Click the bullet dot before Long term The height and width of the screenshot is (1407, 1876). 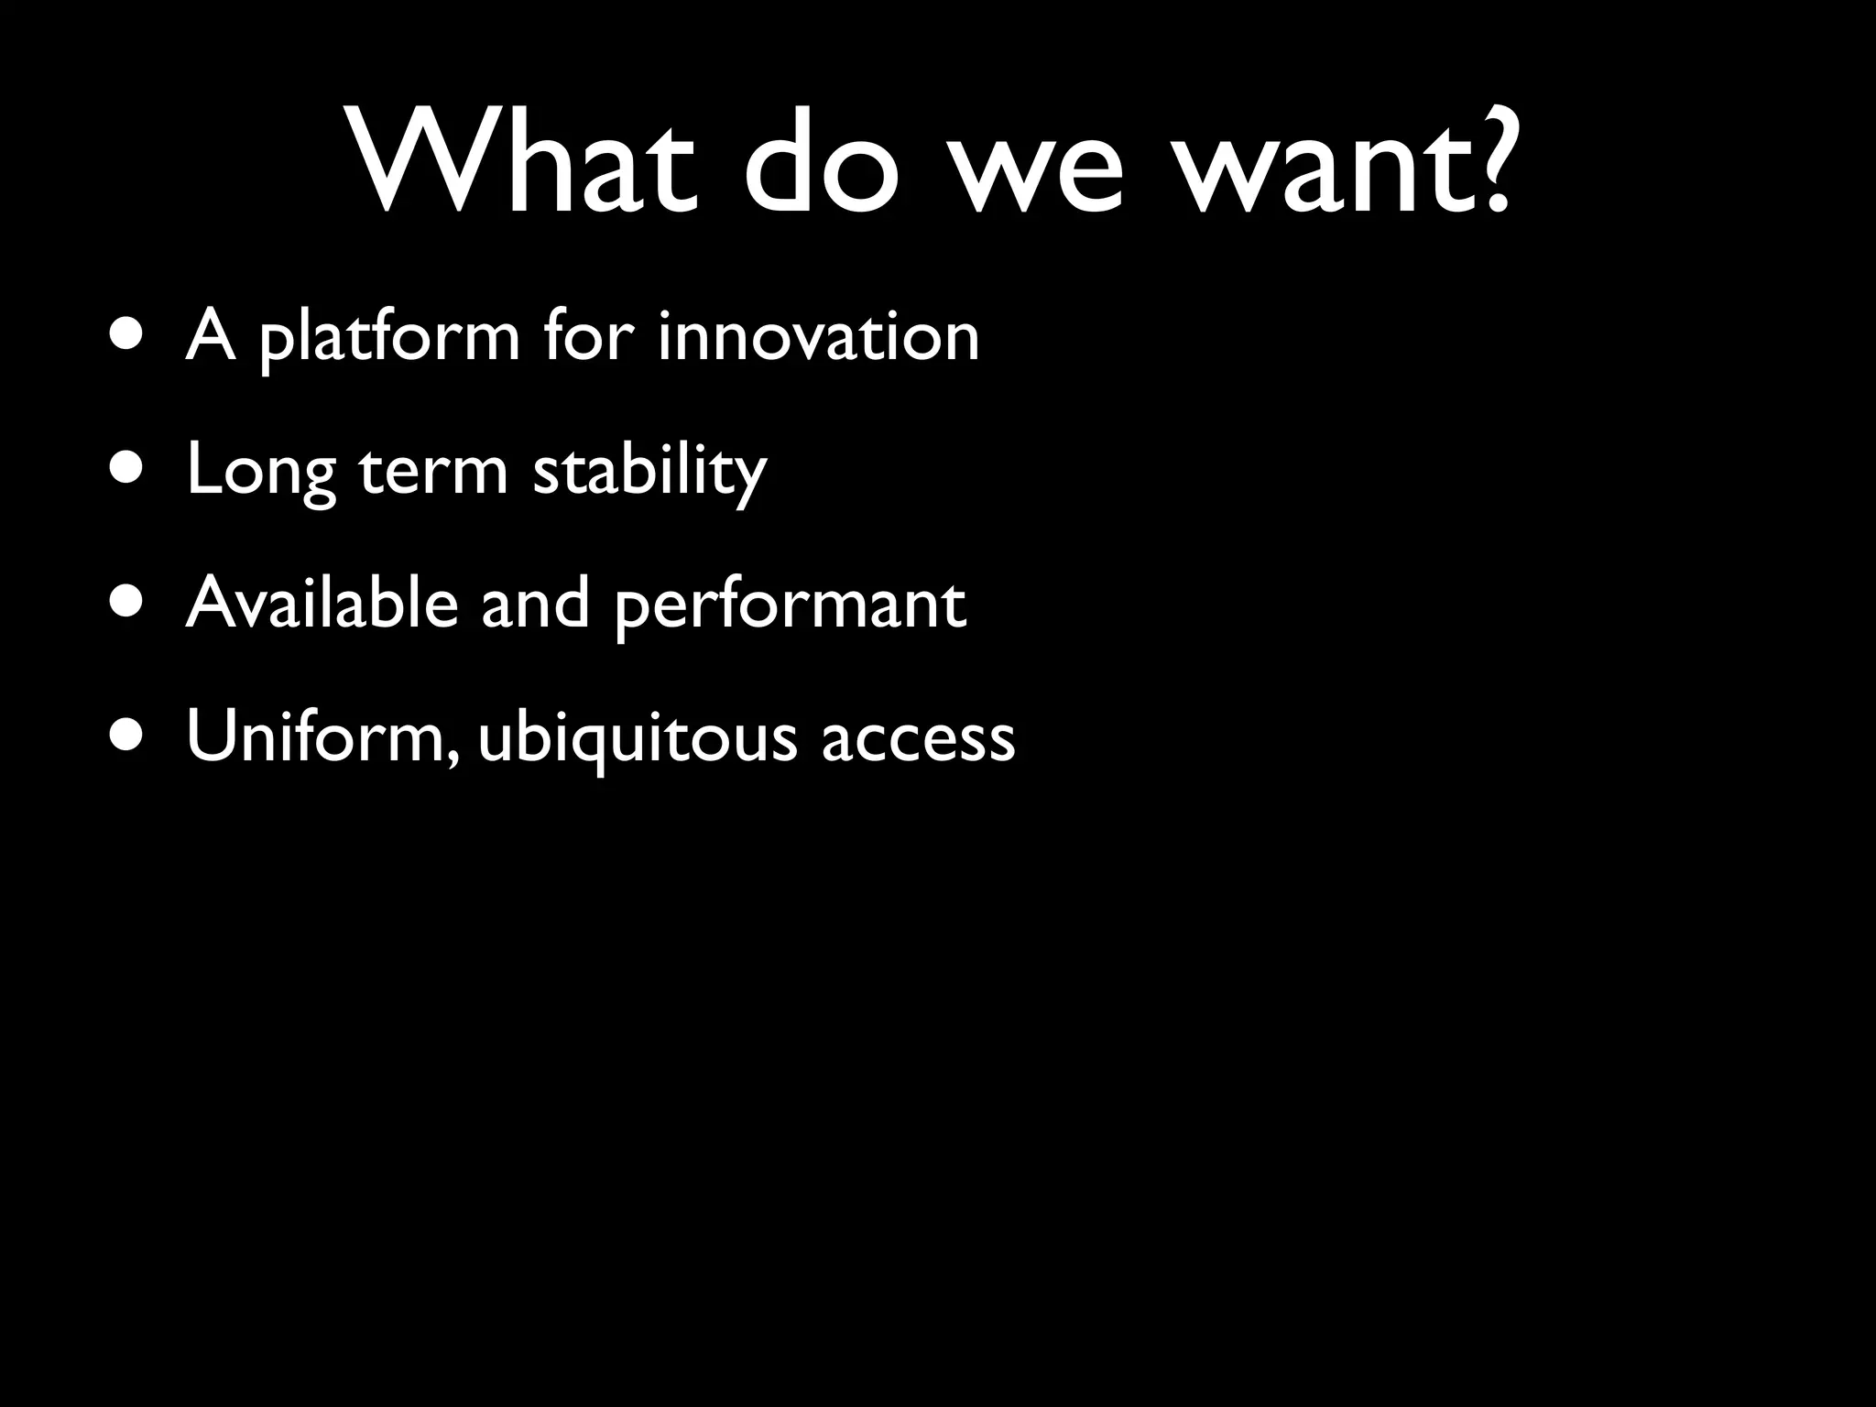[x=124, y=469]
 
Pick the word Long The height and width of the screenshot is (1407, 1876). [x=262, y=472]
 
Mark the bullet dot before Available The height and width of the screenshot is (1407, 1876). [x=124, y=604]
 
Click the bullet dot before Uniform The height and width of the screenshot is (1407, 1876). [x=124, y=737]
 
